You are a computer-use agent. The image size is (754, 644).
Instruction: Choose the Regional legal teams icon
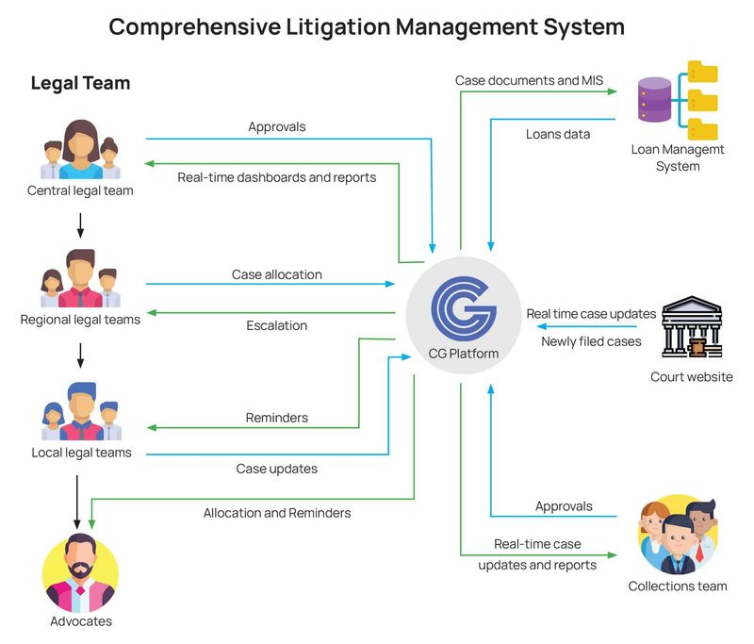(x=80, y=279)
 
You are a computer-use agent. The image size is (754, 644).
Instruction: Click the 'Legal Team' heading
(x=80, y=83)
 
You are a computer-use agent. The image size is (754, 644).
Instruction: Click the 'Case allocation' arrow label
(x=276, y=274)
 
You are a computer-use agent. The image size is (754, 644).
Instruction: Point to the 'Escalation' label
(x=276, y=325)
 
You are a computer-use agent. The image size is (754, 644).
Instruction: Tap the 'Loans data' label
(x=558, y=134)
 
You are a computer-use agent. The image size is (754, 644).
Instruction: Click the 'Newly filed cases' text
(x=591, y=341)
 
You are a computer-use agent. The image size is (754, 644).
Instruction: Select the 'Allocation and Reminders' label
(x=277, y=513)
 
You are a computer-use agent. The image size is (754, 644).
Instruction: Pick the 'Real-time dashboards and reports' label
(x=276, y=176)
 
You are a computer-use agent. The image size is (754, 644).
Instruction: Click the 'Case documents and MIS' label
(x=529, y=80)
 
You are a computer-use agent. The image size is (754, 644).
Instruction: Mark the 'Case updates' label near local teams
(x=276, y=469)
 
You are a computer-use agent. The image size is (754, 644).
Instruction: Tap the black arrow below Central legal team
(x=80, y=224)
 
